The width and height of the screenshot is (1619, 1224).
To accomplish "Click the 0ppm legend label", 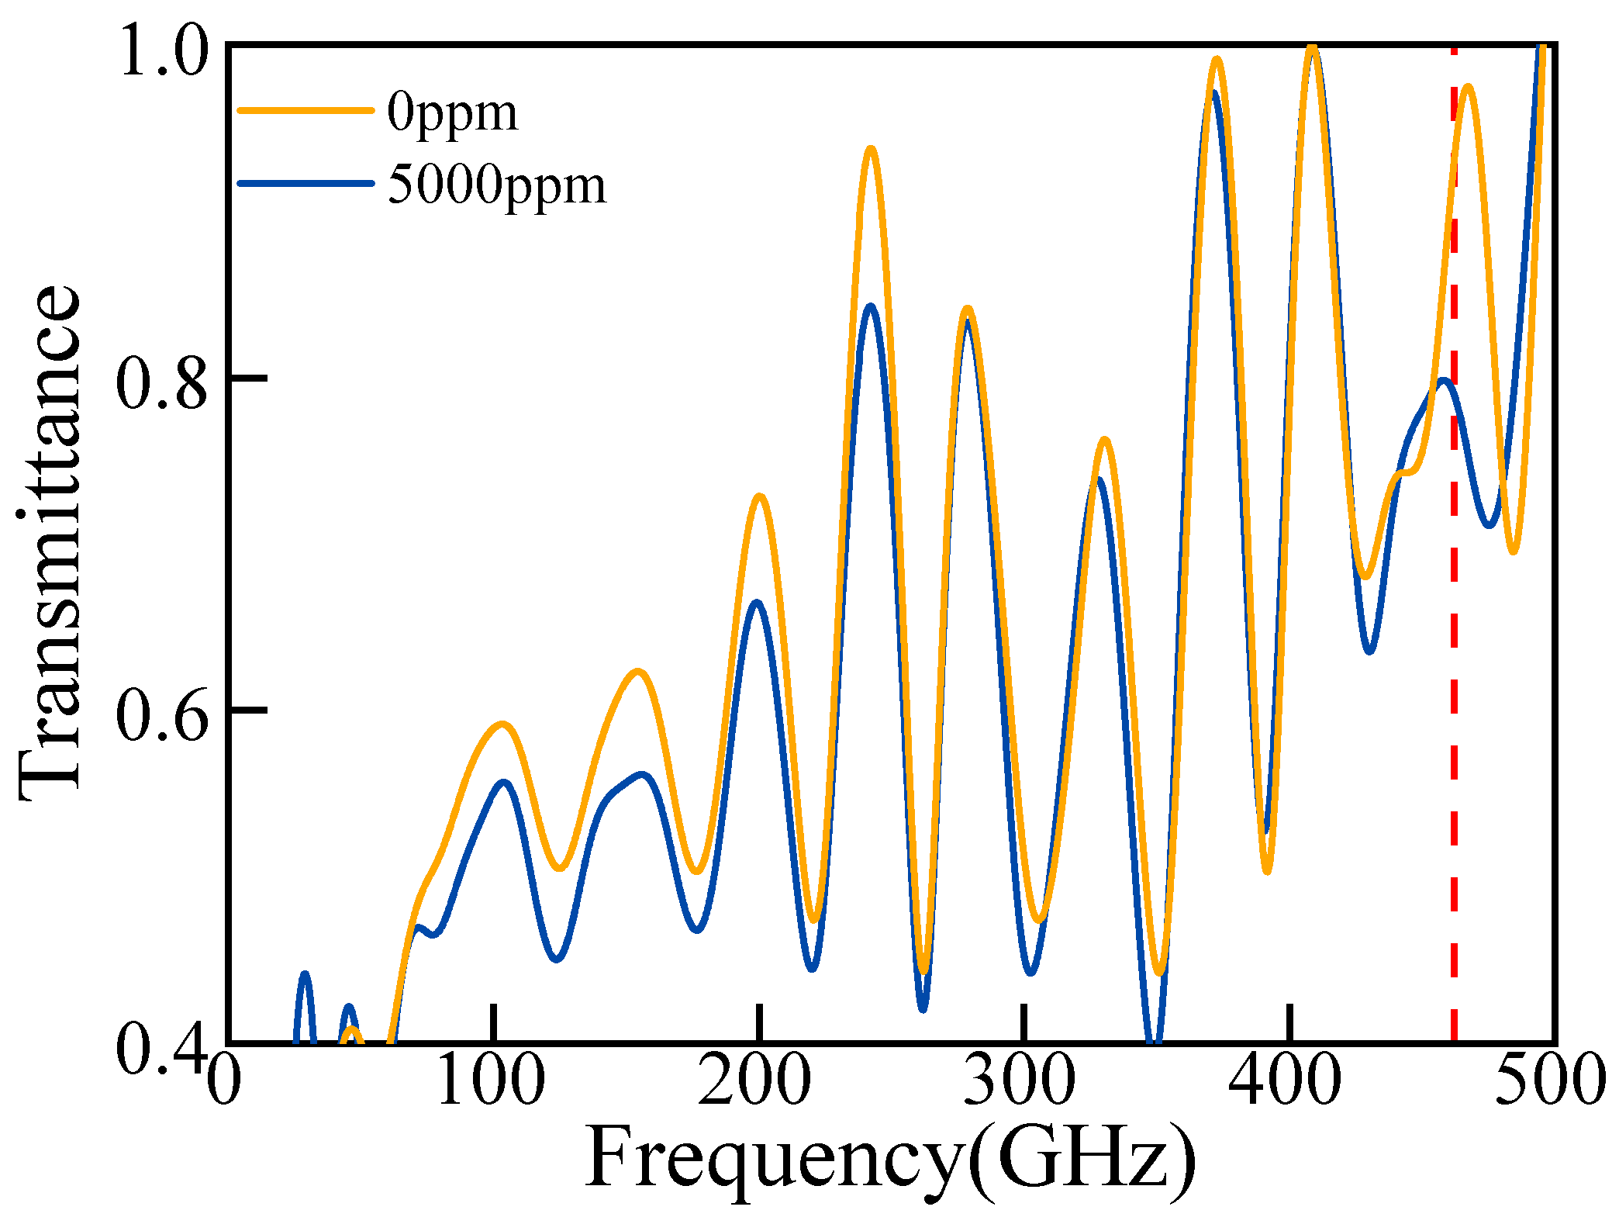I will point(452,115).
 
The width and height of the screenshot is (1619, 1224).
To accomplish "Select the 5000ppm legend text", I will point(496,187).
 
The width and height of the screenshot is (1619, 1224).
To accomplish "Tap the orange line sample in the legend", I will point(306,110).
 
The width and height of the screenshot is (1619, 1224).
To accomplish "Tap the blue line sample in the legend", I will point(306,183).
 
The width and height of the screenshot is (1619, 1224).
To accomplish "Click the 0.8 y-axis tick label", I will point(164,382).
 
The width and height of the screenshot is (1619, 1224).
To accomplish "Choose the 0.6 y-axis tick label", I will point(164,714).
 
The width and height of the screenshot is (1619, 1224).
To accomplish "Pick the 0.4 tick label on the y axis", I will point(164,1049).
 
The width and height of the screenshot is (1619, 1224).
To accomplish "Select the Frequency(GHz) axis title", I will point(890,1160).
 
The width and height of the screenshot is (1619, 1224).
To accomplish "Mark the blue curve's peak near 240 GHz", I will point(871,306).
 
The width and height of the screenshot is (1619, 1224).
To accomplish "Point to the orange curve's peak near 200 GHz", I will point(760,496).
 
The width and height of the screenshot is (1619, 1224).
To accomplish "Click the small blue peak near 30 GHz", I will point(305,973).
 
